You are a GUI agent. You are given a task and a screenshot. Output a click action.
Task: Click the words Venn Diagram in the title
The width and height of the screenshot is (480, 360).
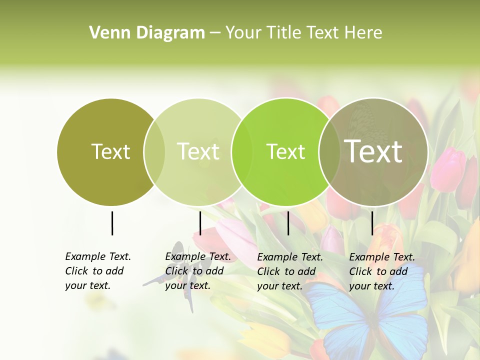146,33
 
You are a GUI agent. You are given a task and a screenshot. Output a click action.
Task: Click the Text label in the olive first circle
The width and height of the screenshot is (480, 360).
110,151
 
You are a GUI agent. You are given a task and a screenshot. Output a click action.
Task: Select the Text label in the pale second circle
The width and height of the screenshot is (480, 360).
198,151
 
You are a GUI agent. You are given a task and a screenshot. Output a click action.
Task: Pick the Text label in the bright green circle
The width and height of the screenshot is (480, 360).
285,151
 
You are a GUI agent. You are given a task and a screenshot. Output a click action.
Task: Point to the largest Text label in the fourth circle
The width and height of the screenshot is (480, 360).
373,151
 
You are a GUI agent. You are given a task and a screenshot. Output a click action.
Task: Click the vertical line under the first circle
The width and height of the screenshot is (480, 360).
112,223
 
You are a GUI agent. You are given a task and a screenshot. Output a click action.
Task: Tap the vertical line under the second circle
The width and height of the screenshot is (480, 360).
200,223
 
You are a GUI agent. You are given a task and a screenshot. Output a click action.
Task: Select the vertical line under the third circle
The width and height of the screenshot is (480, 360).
288,223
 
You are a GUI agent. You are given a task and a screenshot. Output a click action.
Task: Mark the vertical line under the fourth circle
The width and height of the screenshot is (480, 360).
372,223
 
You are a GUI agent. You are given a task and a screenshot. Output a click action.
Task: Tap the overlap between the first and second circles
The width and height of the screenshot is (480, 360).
154,151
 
